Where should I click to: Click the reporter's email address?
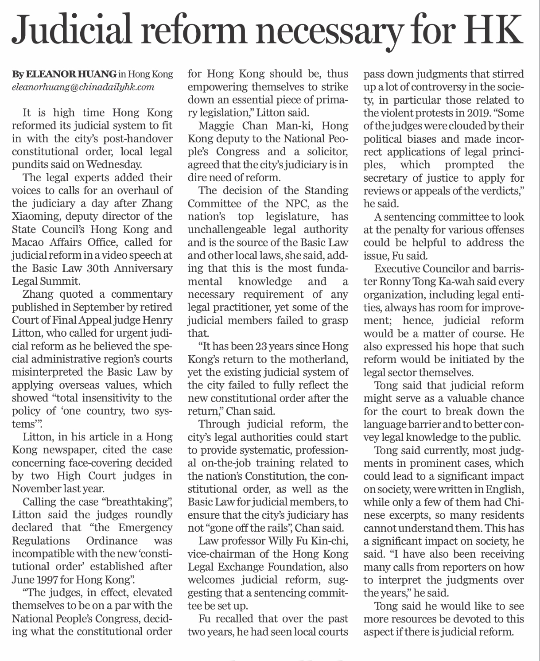pos(83,87)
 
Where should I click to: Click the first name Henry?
pos(158,320)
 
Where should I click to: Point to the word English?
pos(504,490)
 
